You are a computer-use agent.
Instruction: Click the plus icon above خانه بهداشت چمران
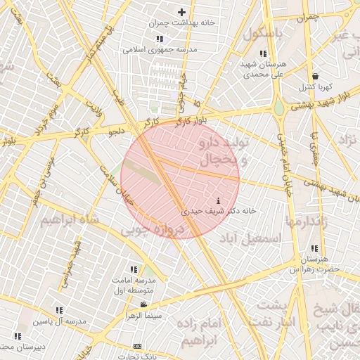tap(181, 12)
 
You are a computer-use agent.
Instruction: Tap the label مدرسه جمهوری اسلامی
tap(160, 50)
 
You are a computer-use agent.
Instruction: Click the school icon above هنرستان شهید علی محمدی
tap(263, 54)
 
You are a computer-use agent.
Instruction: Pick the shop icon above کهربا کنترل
tap(315, 77)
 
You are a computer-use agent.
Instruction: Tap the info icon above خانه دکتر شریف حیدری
tap(219, 200)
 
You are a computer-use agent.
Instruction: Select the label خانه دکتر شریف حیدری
tap(219, 210)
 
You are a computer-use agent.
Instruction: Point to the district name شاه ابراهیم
tap(67, 220)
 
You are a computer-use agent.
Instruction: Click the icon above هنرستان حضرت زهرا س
tap(314, 248)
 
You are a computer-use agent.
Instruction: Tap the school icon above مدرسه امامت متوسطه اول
tap(134, 269)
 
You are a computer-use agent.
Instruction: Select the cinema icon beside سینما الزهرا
tap(143, 305)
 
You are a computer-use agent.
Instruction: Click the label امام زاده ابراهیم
tap(207, 332)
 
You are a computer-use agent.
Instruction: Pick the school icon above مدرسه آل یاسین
tap(58, 310)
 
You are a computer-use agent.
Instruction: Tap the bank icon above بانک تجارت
tap(137, 346)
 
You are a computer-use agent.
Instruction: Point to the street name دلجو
tap(116, 131)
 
